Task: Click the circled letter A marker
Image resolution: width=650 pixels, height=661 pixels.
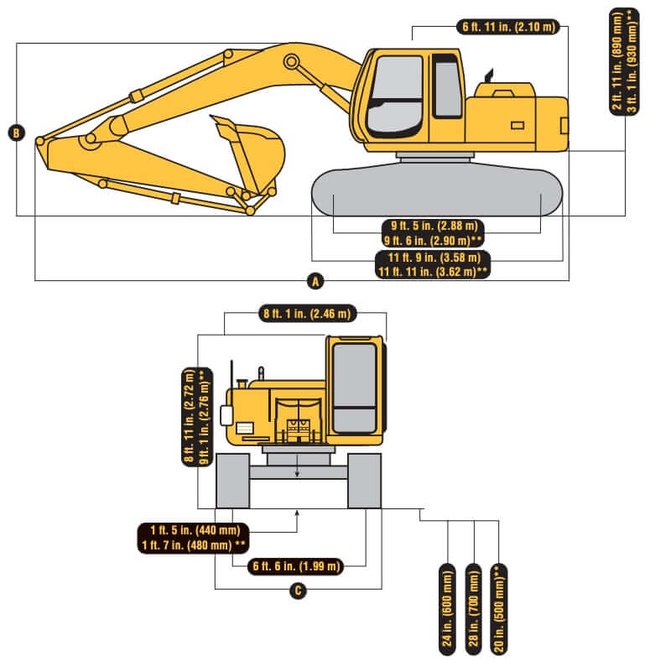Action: coord(315,281)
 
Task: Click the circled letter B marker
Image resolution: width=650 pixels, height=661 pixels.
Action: coord(16,132)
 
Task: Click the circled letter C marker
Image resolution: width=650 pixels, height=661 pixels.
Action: coord(296,591)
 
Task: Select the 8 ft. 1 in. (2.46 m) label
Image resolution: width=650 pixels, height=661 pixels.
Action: coord(307,315)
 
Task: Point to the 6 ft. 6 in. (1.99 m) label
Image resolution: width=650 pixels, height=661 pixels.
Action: coord(298,567)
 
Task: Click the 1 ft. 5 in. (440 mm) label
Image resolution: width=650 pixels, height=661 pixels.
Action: coord(195,530)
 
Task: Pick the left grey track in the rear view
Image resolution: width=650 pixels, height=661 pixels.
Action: coord(232,481)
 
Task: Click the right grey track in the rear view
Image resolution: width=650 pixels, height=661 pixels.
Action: coord(365,481)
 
